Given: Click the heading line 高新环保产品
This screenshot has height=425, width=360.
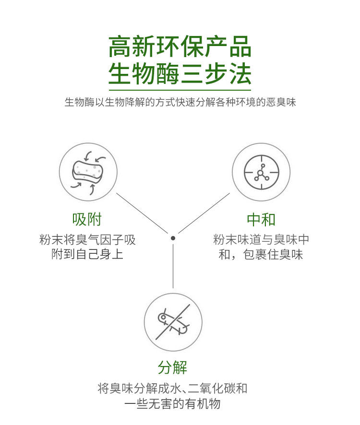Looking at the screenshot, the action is click(180, 47).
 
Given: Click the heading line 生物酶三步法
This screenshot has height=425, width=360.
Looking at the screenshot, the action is click(180, 74).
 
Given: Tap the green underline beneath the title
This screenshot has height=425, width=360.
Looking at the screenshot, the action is click(180, 90).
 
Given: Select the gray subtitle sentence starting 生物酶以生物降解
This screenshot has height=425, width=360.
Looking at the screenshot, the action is click(180, 102).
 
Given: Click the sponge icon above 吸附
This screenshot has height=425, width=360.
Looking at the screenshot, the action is click(88, 171).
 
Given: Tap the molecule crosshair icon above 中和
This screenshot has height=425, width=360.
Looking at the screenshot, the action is click(261, 172).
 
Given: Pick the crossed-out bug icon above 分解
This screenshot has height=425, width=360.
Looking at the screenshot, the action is click(173, 322).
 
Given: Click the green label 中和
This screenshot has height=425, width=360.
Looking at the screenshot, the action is click(261, 220).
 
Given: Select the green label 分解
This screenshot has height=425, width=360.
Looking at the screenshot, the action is click(173, 368).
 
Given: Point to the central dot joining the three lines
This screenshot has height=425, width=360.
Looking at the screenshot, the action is click(173, 238).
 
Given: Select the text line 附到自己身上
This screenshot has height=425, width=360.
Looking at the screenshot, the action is click(87, 254).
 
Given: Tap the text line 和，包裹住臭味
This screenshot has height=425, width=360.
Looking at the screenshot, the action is click(261, 254).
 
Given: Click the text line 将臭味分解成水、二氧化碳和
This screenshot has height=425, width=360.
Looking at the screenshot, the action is click(173, 388).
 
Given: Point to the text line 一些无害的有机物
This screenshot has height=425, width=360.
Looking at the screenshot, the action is click(173, 403).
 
